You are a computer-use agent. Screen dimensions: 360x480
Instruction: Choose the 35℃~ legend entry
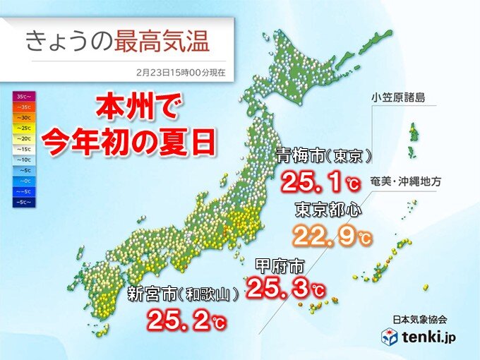coord(22,95)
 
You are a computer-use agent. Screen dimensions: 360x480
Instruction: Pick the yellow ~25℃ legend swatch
coord(22,130)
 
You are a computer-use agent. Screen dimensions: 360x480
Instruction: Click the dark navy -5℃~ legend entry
coord(22,203)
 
